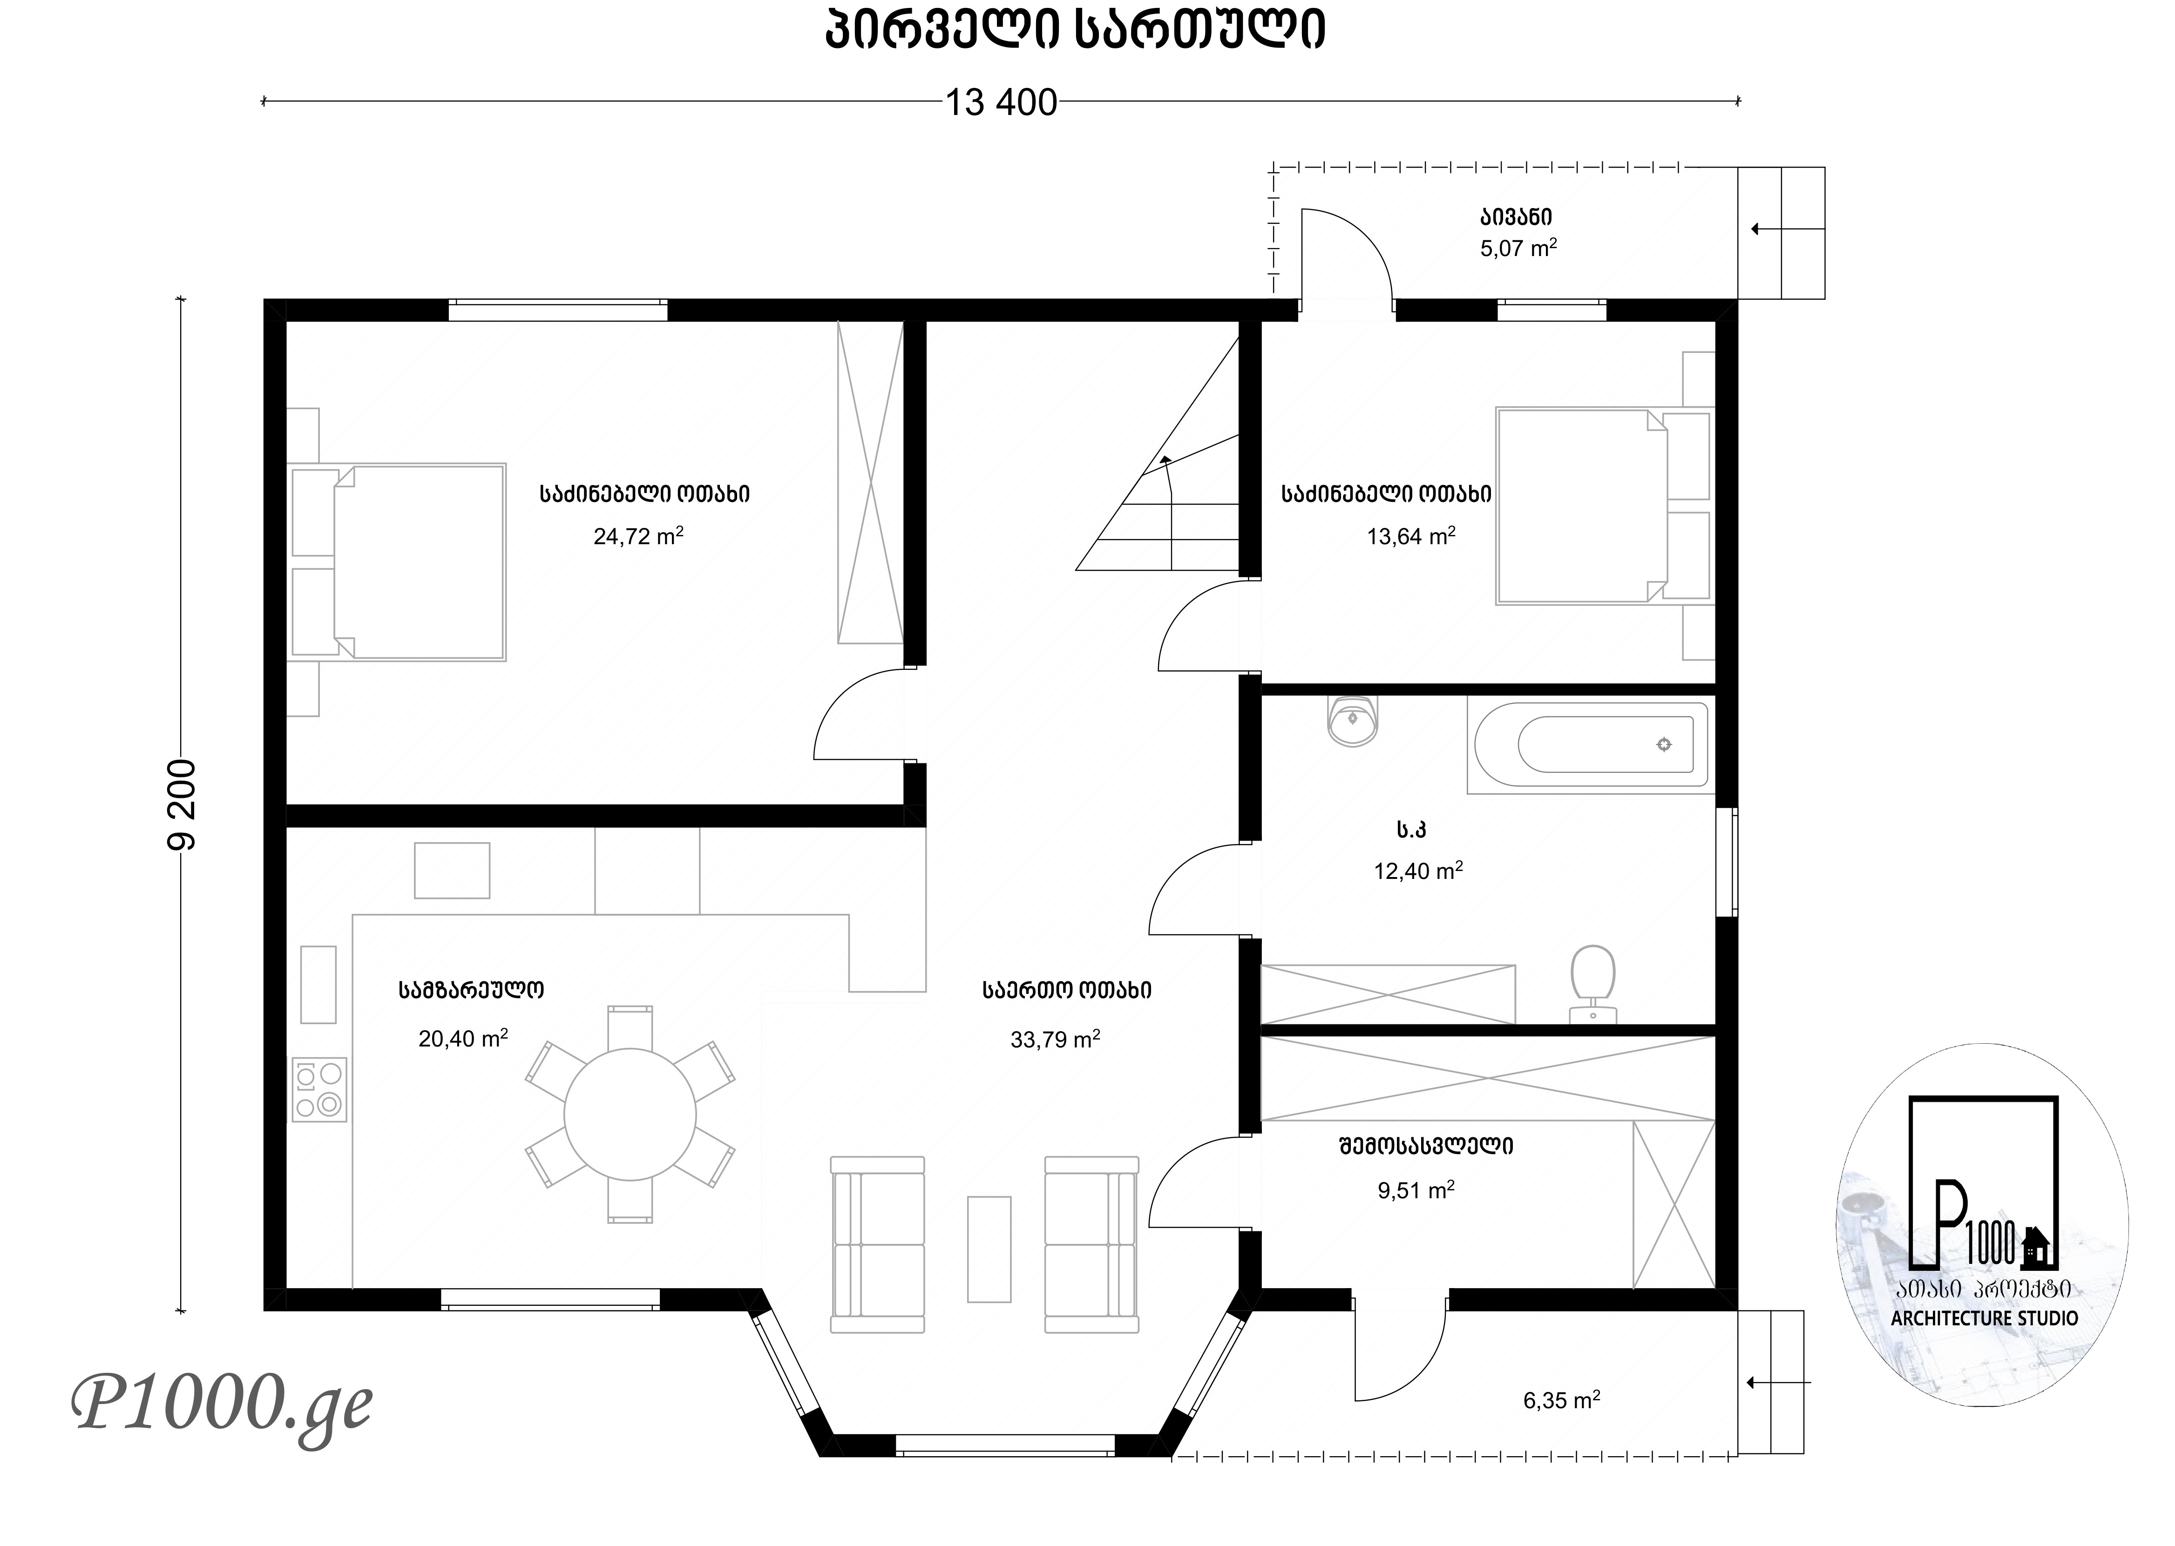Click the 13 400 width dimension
1001,102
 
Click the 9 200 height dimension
181,804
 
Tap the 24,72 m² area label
638,536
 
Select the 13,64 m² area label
1411,536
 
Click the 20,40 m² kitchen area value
463,1038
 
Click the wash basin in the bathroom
1352,721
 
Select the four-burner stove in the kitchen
319,1090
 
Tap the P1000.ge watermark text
222,1404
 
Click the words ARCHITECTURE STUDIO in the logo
1985,1318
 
